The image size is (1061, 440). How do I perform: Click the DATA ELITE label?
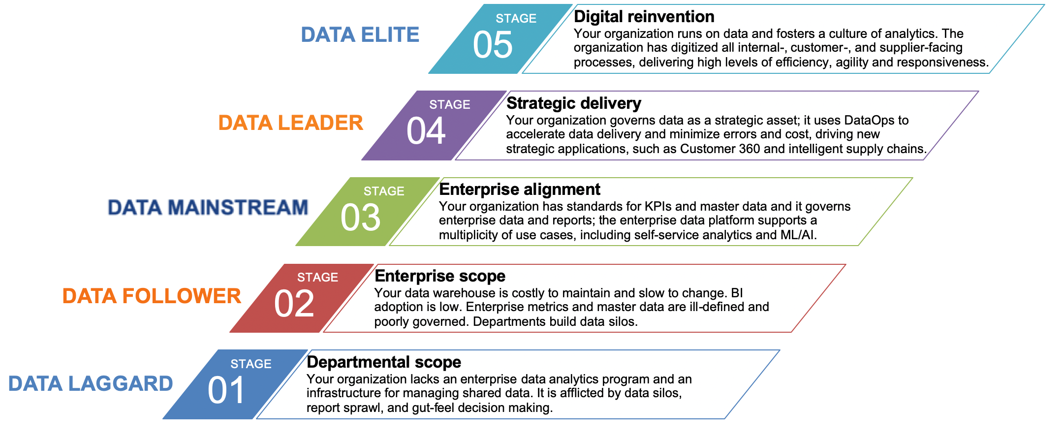tap(360, 35)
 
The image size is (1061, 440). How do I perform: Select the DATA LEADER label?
tap(290, 123)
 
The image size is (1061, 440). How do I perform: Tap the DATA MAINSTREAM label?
tap(208, 207)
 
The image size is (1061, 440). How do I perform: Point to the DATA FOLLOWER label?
tap(152, 296)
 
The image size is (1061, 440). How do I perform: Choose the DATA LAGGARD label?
tap(91, 383)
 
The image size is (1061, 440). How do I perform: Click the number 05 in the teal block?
tap(493, 45)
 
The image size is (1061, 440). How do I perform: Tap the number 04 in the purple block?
tap(426, 131)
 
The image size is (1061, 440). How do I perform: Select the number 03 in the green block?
tap(360, 218)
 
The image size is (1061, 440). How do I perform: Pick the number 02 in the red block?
tap(294, 304)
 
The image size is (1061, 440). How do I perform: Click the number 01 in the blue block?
tap(226, 390)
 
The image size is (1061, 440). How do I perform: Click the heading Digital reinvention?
tap(644, 17)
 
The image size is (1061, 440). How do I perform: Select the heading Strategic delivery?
tap(573, 103)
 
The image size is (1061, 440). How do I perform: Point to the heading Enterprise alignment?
tap(520, 189)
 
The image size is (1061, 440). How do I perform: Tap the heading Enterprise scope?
tap(440, 276)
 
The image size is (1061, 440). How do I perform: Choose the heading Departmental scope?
tap(384, 362)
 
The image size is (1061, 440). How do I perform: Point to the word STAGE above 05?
tap(516, 18)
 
